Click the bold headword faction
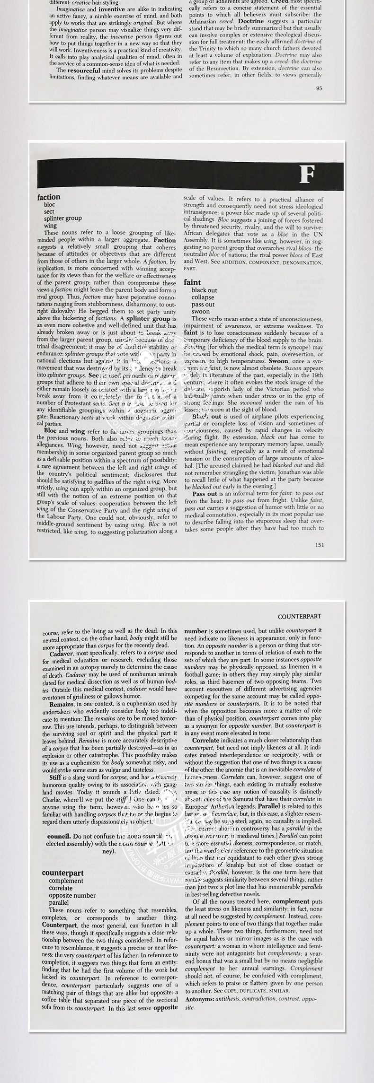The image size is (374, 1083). coord(49,197)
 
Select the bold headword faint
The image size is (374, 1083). coord(192,282)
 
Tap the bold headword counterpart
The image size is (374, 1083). coord(62,873)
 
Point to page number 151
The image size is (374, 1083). coord(319,545)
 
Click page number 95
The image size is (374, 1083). coord(319,88)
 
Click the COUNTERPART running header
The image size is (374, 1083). coord(299,616)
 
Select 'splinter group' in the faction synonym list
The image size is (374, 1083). coord(62,218)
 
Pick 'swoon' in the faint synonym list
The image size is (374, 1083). coord(200,312)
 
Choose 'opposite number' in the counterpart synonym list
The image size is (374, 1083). coord(72,895)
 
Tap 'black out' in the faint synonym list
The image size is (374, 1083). coord(204,290)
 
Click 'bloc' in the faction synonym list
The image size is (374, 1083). coord(49,205)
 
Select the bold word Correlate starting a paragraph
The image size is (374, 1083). coord(206,740)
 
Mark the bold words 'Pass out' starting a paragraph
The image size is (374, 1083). coord(205,493)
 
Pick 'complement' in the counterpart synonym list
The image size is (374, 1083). coord(66,881)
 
